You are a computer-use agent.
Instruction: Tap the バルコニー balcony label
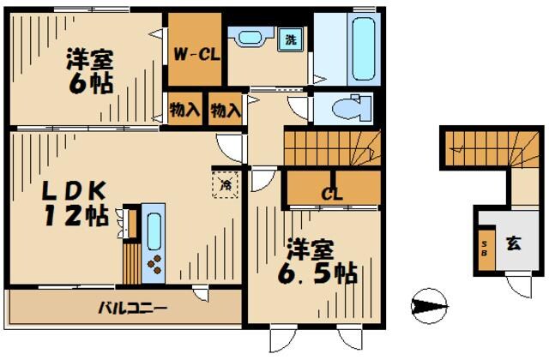click(131, 306)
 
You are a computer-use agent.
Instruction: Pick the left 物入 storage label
click(184, 110)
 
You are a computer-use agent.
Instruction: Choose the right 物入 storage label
click(226, 110)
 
